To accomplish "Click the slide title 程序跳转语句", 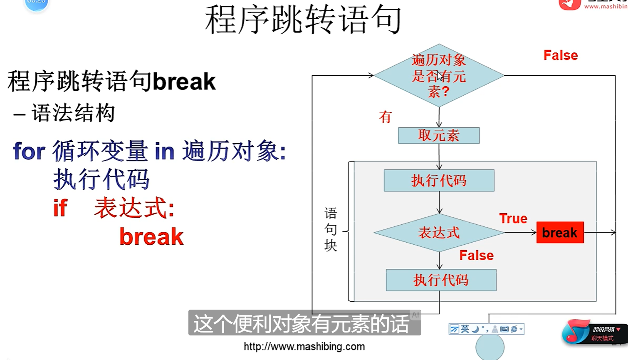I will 303,20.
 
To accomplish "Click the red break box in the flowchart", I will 560,232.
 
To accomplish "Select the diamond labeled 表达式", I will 439,233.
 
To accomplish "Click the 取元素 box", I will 439,135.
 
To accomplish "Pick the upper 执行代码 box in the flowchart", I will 439,181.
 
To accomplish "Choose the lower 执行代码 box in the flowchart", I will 441,280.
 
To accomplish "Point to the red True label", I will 513,218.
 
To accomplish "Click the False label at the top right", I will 560,55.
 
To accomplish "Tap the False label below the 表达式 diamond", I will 476,255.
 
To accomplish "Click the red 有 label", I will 385,117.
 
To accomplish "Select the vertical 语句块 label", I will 331,229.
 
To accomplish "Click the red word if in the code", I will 60,208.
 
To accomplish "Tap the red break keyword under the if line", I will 151,237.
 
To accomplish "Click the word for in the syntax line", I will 29,151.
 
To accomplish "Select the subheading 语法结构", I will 73,113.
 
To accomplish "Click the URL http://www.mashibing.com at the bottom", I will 304,346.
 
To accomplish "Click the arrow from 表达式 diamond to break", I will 520,233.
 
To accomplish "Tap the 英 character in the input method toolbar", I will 465,329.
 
